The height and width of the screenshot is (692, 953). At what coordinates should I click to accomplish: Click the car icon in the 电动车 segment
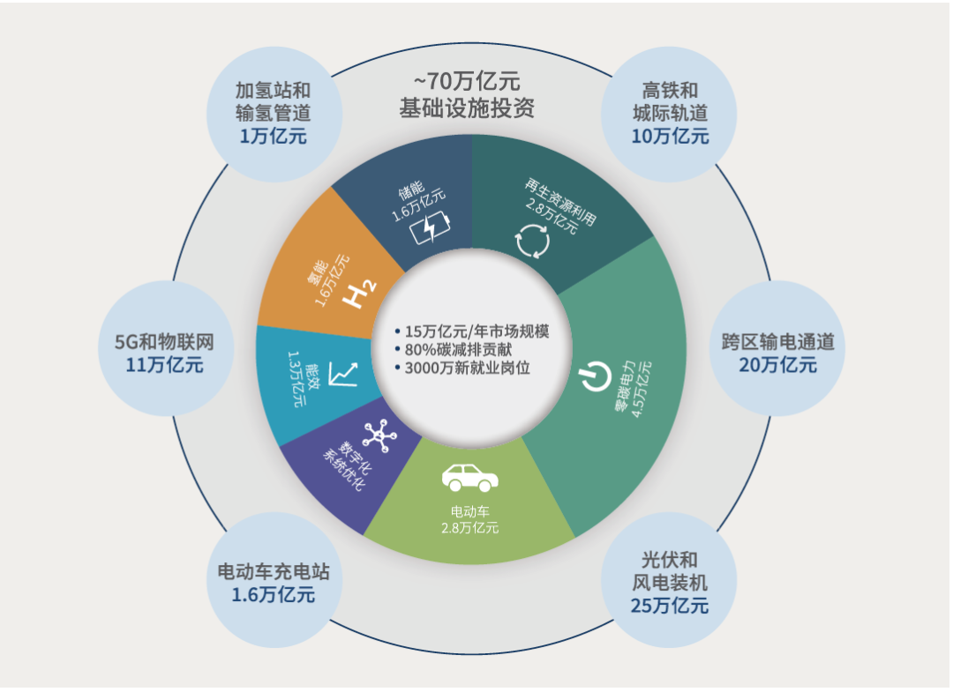click(469, 478)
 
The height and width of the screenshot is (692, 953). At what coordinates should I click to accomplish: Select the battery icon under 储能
click(430, 227)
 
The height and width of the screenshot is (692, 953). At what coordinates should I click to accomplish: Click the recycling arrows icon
click(532, 241)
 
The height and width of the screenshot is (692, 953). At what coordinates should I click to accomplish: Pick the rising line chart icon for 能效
click(341, 374)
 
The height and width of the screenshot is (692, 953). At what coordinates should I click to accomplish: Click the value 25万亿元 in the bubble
click(670, 606)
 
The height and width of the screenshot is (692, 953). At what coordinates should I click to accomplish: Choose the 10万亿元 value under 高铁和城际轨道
click(670, 136)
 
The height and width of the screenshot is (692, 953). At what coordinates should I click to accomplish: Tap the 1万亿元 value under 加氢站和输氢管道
click(273, 136)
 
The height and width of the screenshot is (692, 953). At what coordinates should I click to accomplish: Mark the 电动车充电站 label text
click(274, 571)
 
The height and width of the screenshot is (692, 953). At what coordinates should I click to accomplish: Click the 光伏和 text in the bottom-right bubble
click(670, 560)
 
